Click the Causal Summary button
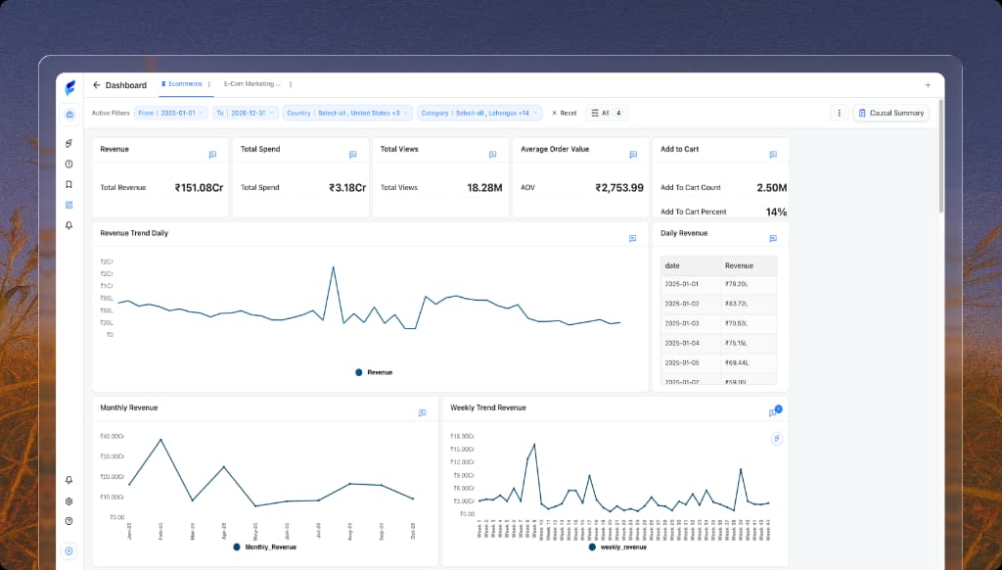(890, 113)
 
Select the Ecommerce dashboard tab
(184, 84)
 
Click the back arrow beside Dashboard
(96, 85)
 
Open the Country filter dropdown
(346, 113)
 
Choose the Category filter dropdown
(479, 113)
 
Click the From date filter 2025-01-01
(170, 113)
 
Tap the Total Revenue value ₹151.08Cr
(201, 187)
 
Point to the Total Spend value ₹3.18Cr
(347, 187)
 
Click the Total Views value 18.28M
(485, 187)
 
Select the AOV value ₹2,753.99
(619, 187)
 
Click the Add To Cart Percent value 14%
(776, 212)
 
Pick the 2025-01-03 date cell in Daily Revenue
(682, 322)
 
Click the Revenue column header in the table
(739, 265)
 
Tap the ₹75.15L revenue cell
(736, 343)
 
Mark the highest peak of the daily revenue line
(333, 266)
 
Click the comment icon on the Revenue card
(212, 155)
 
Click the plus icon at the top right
(928, 85)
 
